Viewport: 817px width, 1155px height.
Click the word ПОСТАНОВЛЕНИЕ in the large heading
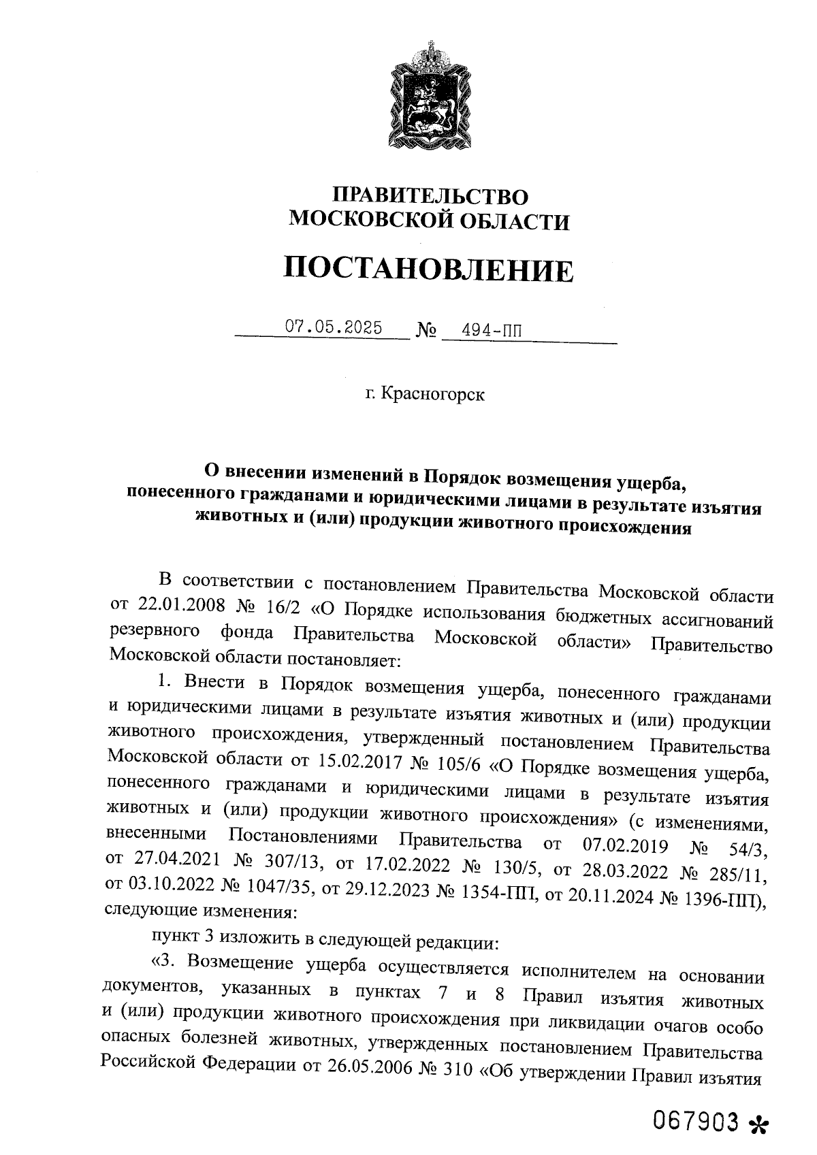pos(428,270)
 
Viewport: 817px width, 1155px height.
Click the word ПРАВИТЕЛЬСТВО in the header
pos(430,197)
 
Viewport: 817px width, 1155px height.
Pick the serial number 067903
pos(696,1120)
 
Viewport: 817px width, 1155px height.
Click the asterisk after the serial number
pos(756,1124)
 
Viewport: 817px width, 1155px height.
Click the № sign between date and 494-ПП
pos(426,331)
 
